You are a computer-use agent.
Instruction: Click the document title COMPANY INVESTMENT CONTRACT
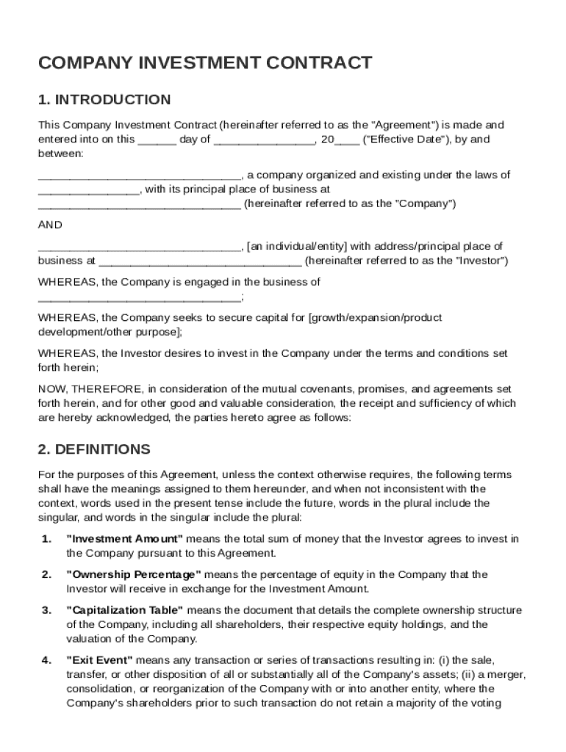[x=205, y=63]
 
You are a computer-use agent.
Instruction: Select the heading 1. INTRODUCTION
[x=104, y=100]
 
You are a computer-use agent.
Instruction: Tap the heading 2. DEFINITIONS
[x=94, y=449]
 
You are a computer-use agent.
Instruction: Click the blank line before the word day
[x=157, y=140]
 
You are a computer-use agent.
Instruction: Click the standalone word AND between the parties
[x=50, y=225]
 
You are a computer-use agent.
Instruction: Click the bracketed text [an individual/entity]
[x=298, y=247]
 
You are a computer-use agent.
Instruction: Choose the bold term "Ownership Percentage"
[x=134, y=574]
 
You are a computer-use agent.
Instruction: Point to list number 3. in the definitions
[x=46, y=610]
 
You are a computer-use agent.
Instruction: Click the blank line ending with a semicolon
[x=140, y=297]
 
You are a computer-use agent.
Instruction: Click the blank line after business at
[x=199, y=261]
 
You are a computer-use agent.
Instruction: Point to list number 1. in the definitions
[x=46, y=539]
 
